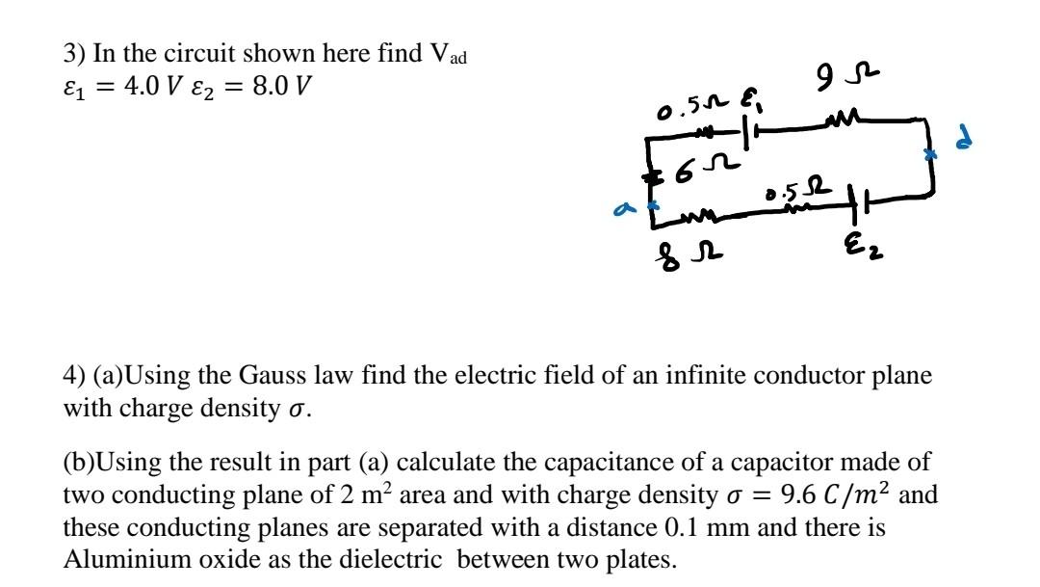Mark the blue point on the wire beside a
tap(652, 204)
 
